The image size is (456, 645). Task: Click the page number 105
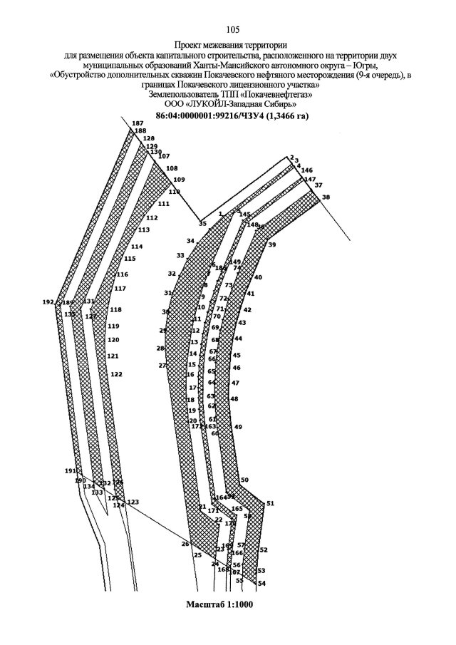pos(232,29)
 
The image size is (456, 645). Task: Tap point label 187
pos(138,124)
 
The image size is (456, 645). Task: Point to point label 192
pos(48,302)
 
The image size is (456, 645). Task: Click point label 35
pos(202,224)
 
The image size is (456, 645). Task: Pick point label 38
pos(326,197)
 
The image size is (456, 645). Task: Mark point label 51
pos(270,503)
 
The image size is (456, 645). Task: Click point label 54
pos(261,583)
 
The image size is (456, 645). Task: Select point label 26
pos(185,544)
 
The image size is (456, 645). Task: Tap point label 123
pos(133,502)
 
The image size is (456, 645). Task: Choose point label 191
pos(70,471)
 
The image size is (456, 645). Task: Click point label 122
pos(116,374)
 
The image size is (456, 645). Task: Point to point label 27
pos(162,366)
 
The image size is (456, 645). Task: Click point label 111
pos(164,204)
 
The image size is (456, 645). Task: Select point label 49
pos(238,427)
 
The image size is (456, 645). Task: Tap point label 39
pos(272,244)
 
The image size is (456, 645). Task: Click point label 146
pos(307,170)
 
